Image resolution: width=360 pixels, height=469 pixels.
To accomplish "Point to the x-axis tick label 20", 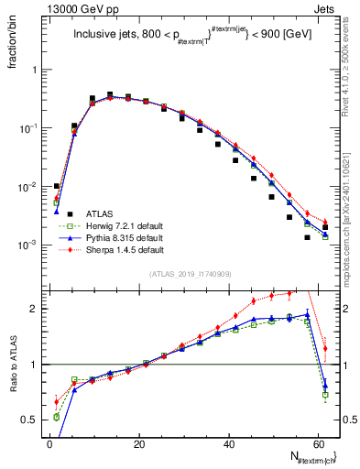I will point(139,443).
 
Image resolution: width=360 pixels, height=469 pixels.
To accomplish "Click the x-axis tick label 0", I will point(49,443).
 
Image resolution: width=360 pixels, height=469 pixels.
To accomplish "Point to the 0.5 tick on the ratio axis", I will point(33,420).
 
